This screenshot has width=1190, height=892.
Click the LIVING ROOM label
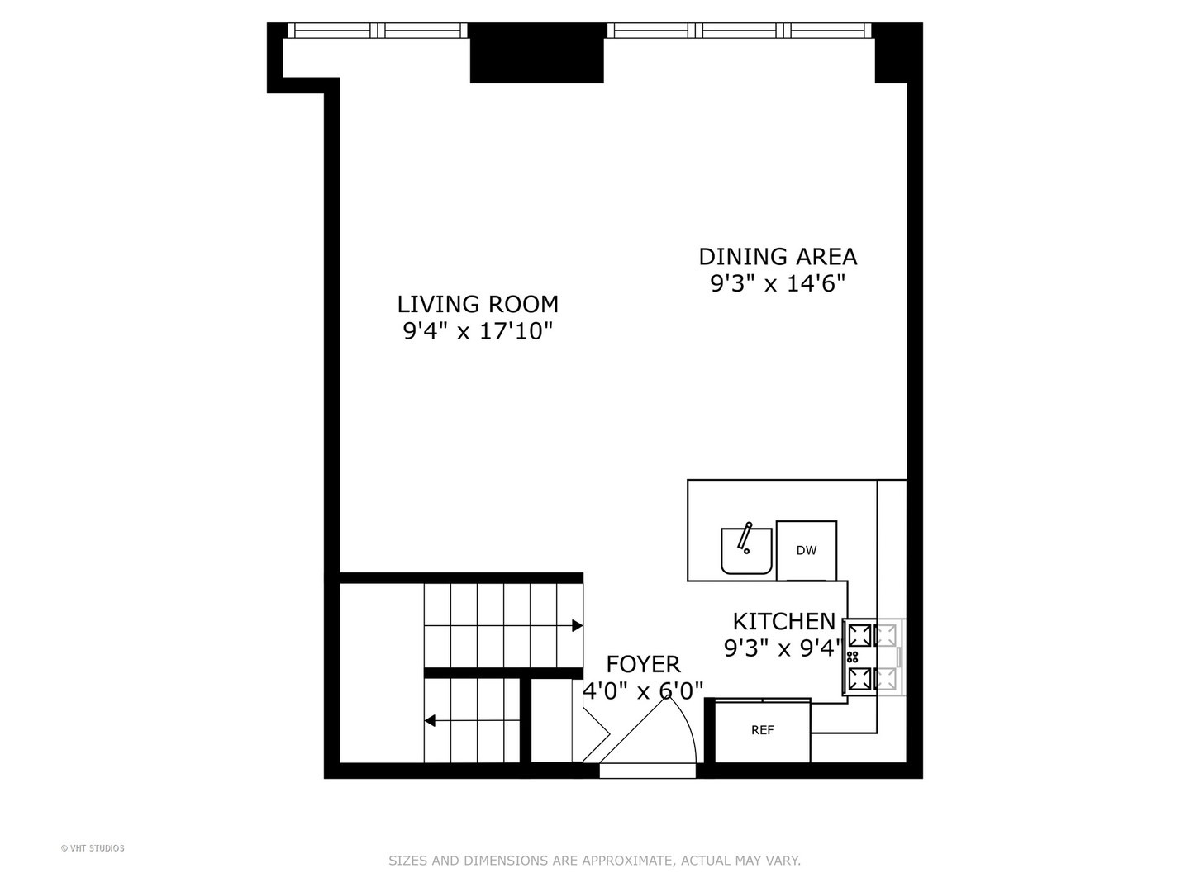(478, 305)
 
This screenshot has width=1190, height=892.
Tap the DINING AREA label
(778, 257)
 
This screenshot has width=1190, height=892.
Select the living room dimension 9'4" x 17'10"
(478, 332)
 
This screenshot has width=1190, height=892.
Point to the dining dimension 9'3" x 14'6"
(778, 284)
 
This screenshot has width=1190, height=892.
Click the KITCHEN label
(783, 621)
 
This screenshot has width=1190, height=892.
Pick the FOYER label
(643, 664)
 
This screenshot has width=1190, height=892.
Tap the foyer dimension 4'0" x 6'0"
(643, 690)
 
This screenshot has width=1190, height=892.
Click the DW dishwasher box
(806, 551)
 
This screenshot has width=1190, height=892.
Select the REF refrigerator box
(762, 731)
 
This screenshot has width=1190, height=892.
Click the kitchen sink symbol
(745, 552)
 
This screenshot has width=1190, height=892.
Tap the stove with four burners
(873, 657)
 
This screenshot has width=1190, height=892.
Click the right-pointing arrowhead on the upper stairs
(578, 626)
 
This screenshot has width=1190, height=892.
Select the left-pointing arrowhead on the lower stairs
(430, 721)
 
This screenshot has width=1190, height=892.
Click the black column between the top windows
(536, 53)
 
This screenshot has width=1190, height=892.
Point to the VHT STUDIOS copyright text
(93, 848)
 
